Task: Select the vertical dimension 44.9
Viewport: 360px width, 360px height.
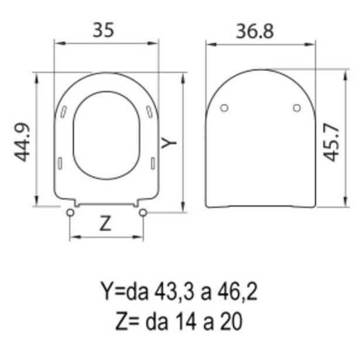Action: (22, 141)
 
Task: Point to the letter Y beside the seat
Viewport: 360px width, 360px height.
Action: (169, 142)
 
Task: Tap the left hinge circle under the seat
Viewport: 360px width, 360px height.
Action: (71, 212)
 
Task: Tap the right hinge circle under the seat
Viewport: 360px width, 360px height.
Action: (142, 212)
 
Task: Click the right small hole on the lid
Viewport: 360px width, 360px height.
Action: (296, 107)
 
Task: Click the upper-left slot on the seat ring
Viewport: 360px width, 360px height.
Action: (63, 111)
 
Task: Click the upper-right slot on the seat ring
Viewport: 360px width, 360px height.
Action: (150, 111)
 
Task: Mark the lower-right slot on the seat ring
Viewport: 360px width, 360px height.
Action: (152, 162)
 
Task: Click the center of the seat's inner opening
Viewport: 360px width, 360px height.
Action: (106, 136)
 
